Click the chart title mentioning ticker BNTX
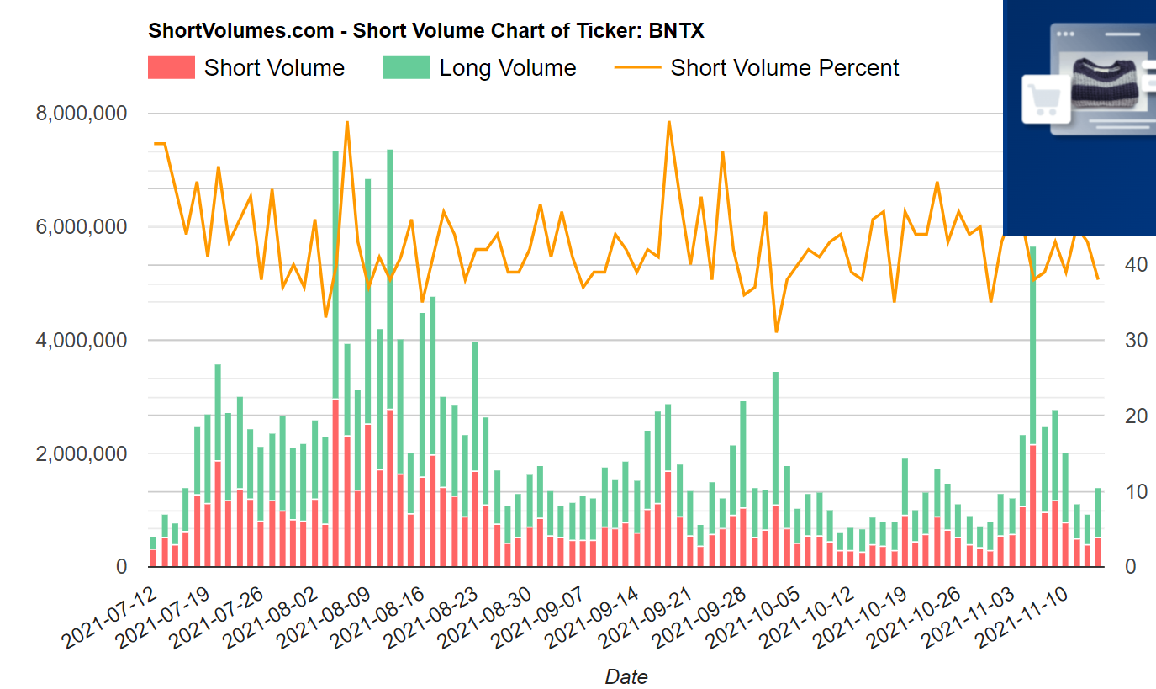click(425, 31)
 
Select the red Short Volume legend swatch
click(171, 67)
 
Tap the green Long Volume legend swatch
click(406, 67)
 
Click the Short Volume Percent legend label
click(784, 67)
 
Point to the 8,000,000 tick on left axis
click(82, 114)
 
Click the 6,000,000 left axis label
click(82, 227)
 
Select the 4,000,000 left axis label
click(82, 341)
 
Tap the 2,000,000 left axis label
click(82, 454)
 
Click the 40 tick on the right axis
click(1136, 265)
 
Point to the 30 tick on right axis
click(1136, 341)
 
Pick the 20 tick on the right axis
click(1136, 416)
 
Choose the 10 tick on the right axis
click(1136, 492)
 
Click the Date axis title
click(626, 676)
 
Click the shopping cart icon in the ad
click(1043, 100)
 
